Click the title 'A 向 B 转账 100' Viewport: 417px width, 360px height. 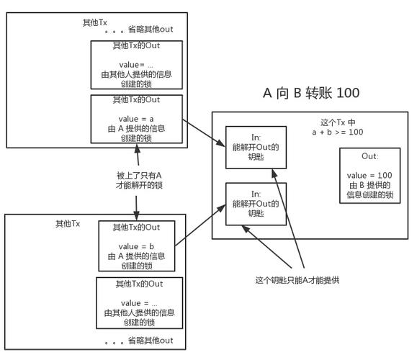tap(311, 93)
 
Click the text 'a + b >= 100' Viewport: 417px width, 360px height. tap(338, 132)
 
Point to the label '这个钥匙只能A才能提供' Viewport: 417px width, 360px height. tap(297, 280)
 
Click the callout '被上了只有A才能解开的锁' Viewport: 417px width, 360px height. tap(139, 180)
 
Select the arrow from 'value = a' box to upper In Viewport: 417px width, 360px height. tap(204, 132)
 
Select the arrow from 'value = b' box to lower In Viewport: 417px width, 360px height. tap(200, 225)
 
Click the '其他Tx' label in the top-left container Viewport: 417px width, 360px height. tap(94, 23)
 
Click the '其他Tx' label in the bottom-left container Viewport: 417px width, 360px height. tap(68, 224)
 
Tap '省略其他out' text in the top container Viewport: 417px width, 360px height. tap(151, 30)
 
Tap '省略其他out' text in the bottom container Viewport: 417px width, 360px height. tap(151, 341)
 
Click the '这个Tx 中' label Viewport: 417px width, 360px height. tap(338, 122)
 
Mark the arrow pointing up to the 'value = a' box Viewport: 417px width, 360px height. tap(138, 155)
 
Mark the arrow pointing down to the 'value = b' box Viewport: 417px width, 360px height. tap(136, 208)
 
